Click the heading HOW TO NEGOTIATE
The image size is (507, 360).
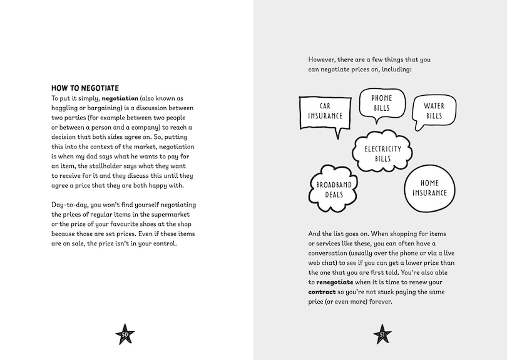point(85,88)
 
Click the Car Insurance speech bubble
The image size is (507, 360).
point(325,111)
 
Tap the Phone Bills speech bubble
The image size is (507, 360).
point(381,103)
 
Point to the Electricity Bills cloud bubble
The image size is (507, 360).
point(382,153)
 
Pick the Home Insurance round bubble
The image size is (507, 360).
point(430,188)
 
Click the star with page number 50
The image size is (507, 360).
point(125,334)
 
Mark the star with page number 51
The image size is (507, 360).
point(381,334)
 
